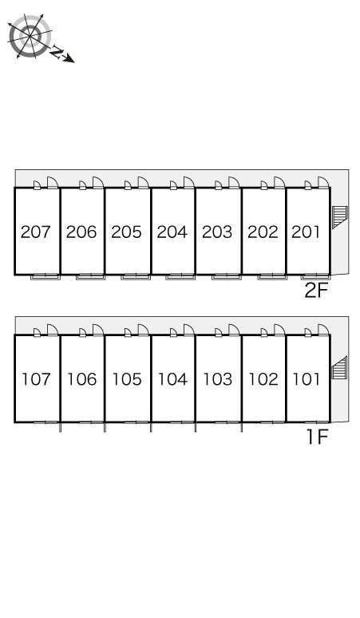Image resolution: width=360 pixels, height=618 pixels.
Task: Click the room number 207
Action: point(36,232)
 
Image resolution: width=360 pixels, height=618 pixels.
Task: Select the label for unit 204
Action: point(172,232)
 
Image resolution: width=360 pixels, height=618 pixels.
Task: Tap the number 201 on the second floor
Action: point(306,232)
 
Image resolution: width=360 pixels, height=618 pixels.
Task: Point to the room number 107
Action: point(36,379)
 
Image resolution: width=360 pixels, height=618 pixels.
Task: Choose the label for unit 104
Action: point(172,379)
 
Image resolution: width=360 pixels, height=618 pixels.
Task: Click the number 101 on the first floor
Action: point(306,379)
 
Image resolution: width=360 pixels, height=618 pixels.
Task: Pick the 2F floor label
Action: point(316,291)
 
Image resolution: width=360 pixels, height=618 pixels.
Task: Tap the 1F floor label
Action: point(318,437)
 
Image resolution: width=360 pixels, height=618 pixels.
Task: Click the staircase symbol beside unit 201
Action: point(340,216)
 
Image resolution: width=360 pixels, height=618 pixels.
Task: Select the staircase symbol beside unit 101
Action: point(339,368)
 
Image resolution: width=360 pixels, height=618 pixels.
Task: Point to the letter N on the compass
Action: point(58,53)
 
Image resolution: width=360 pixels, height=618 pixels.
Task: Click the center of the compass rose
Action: point(30,36)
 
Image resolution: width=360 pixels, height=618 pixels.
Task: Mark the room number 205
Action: point(126,232)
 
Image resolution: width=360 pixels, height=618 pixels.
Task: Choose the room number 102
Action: point(263,379)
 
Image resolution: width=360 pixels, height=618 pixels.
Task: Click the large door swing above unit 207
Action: point(53,182)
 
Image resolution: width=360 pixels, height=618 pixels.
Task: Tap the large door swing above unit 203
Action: point(234,182)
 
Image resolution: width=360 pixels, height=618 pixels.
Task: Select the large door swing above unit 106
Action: point(98,330)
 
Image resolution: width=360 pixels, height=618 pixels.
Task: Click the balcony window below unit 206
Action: point(90,276)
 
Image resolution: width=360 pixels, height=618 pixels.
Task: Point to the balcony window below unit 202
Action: point(272,276)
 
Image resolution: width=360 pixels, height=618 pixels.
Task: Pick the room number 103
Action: point(217,379)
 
